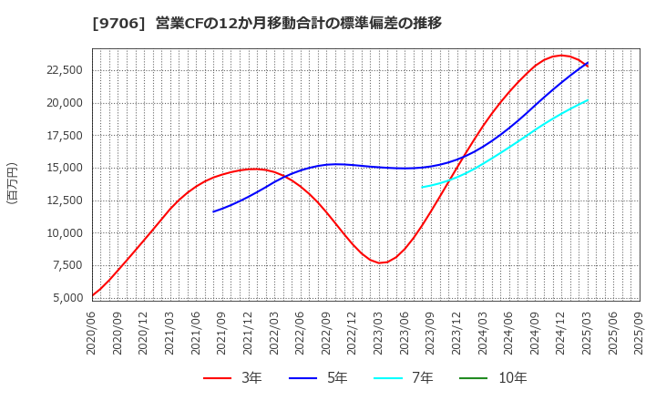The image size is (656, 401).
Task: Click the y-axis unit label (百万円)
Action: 12,182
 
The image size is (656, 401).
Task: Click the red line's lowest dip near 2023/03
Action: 381,262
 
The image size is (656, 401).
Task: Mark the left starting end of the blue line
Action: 213,211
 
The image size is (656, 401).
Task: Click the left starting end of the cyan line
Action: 422,187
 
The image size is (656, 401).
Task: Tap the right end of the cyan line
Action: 588,100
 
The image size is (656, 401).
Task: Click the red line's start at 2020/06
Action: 93,295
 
